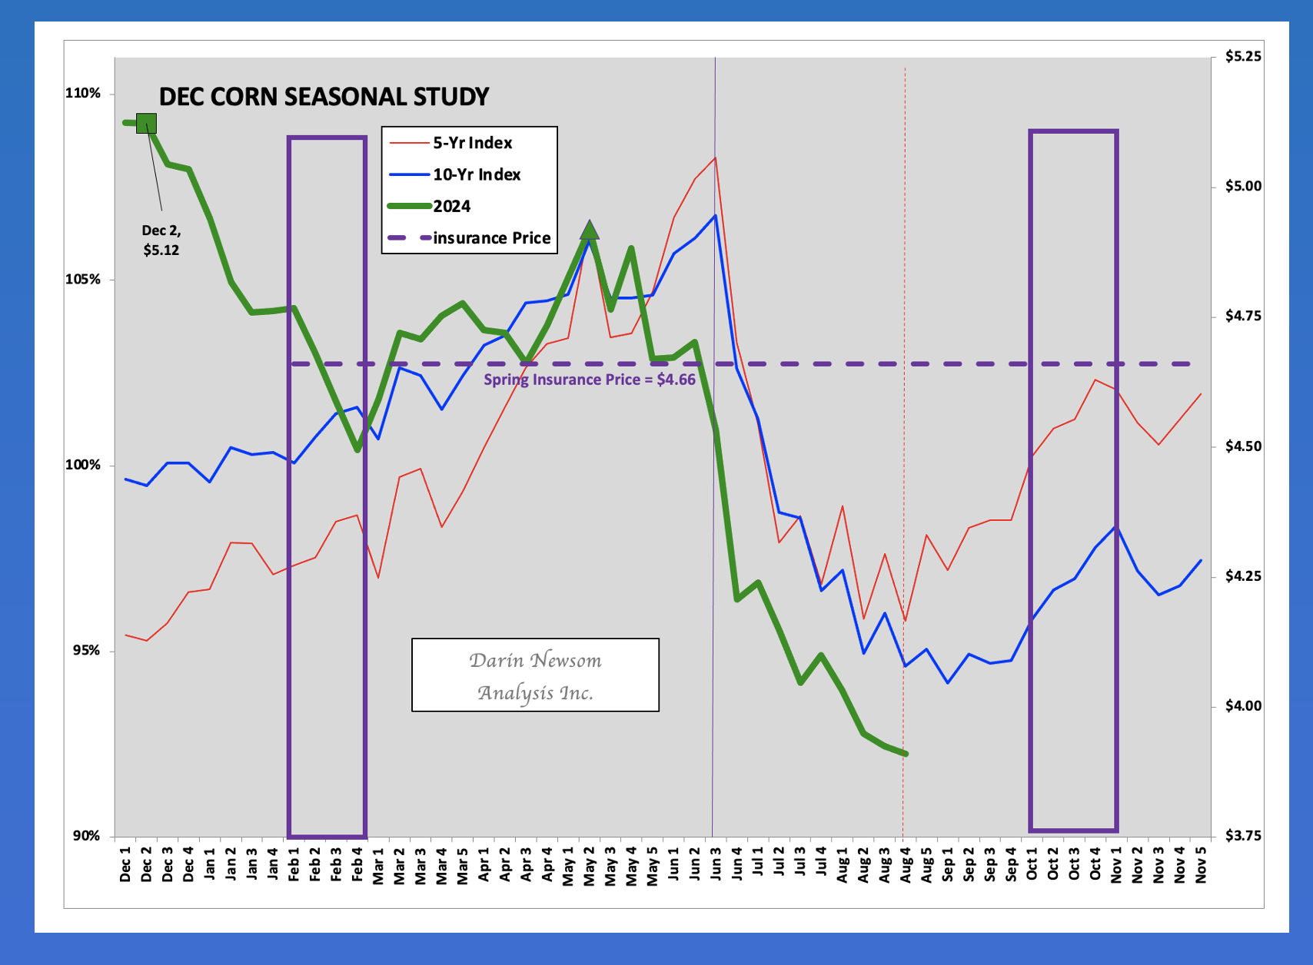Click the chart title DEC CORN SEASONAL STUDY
click(324, 98)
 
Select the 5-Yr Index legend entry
click(450, 143)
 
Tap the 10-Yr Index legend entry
click(454, 174)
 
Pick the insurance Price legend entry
click(469, 238)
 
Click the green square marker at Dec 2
click(147, 123)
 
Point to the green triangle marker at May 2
click(590, 230)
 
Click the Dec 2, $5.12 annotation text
click(161, 240)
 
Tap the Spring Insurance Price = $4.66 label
click(590, 380)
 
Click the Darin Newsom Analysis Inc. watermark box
click(535, 675)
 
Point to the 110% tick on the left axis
click(83, 93)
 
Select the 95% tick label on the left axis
click(86, 651)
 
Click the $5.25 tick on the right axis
click(1243, 57)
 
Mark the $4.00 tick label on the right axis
click(1243, 706)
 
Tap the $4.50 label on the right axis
click(1243, 446)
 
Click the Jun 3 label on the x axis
click(716, 864)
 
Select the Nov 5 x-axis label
click(1201, 864)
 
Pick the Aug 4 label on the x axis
click(906, 865)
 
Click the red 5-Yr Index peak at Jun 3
click(716, 158)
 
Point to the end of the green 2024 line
click(906, 754)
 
